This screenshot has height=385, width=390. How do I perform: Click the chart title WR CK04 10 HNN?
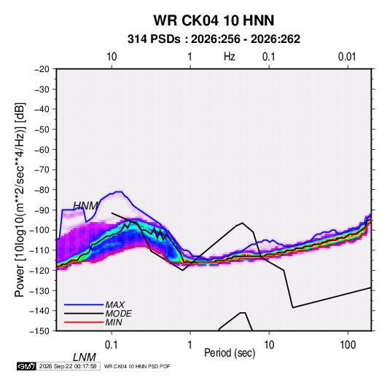pos(214,20)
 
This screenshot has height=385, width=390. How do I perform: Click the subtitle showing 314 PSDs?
pos(214,39)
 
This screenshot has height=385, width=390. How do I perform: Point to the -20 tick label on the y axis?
pos(42,69)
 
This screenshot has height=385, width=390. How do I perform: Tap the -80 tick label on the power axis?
pos(42,190)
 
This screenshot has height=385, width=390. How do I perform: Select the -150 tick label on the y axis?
pos(39,331)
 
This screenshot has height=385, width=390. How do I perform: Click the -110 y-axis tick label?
pos(39,250)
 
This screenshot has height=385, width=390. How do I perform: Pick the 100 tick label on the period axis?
pos(348,345)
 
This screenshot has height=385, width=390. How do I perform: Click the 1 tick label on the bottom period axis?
pos(190,345)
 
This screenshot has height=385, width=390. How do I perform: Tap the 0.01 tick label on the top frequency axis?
pos(347,57)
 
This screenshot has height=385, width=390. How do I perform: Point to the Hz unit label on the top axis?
pos(230,57)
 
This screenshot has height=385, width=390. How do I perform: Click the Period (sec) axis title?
pos(230,353)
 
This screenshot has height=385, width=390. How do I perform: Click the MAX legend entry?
pos(114,304)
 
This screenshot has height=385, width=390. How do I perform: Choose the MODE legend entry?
pos(118,314)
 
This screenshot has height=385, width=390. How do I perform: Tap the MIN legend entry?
pos(114,322)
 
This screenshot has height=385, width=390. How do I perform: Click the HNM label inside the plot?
pos(85,206)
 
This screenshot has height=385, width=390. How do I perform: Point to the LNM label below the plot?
pos(85,357)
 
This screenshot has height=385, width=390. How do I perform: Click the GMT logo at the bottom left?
pos(26,366)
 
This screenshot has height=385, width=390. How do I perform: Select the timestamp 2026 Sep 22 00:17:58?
pos(68,366)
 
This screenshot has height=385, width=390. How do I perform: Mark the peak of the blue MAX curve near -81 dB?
pos(119,191)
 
